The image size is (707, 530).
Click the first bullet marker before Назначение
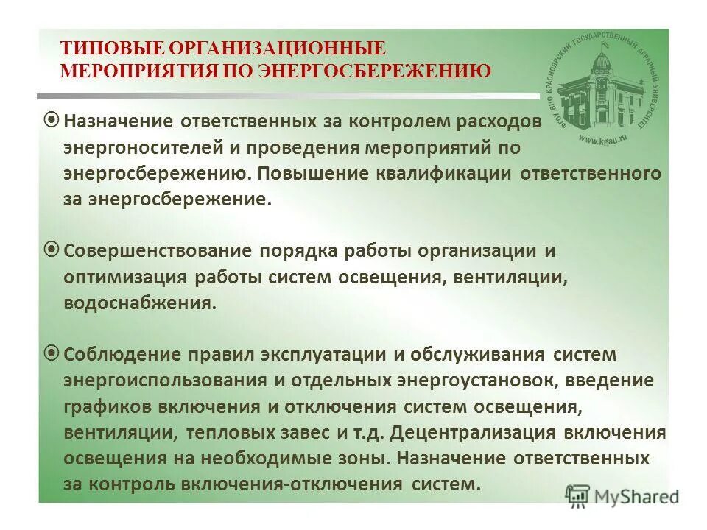[52, 119]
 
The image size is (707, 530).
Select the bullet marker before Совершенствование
[52, 250]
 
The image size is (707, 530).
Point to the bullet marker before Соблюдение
[52, 354]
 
